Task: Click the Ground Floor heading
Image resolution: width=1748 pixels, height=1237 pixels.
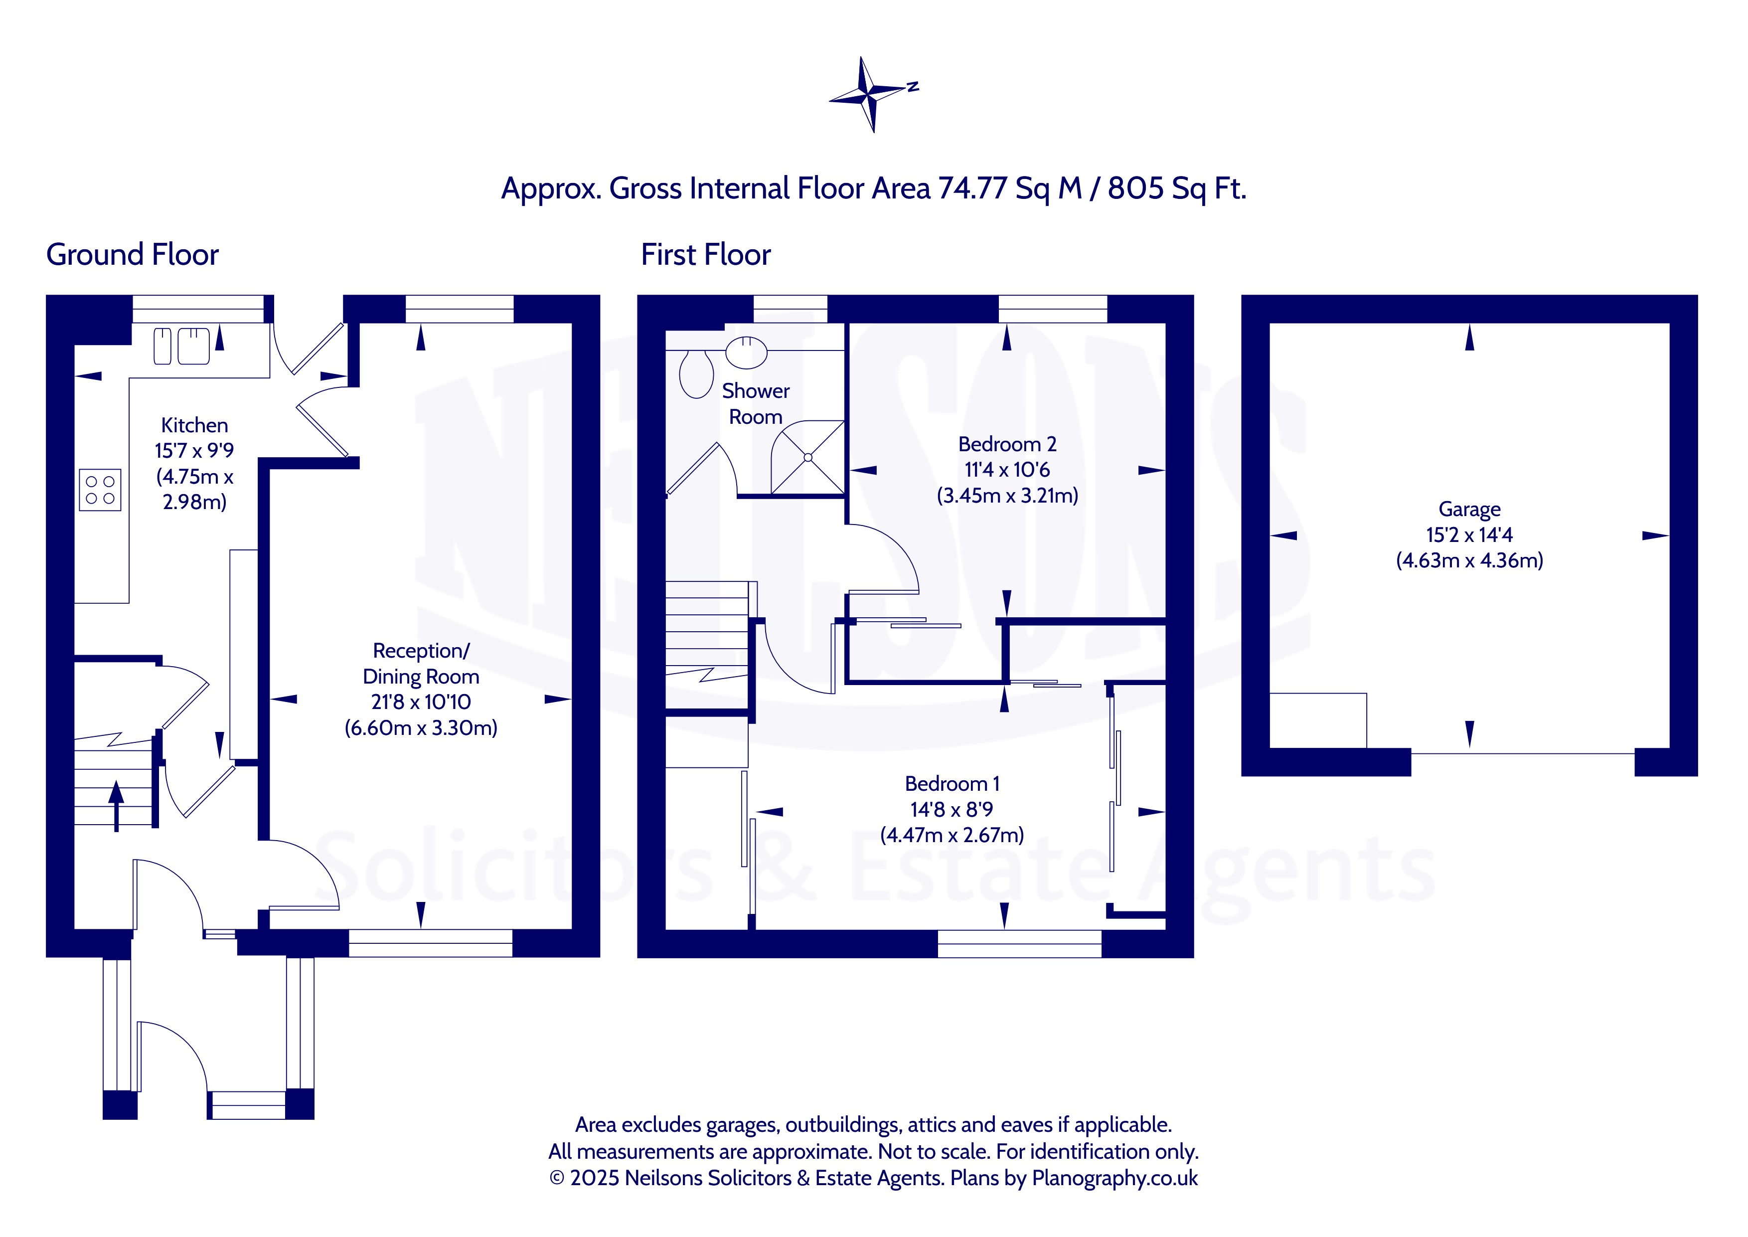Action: point(133,254)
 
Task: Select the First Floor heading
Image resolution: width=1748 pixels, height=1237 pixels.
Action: point(706,254)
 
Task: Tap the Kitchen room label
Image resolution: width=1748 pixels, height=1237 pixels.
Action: point(194,425)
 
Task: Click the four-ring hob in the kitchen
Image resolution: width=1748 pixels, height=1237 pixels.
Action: point(100,490)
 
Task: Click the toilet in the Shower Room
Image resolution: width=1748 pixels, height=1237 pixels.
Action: point(696,374)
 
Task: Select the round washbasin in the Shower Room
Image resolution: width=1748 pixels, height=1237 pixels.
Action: point(746,352)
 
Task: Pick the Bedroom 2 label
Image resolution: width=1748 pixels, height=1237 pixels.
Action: point(1007,444)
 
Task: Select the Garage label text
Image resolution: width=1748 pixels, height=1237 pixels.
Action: point(1469,509)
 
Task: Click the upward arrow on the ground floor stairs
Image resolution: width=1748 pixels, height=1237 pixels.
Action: point(116,806)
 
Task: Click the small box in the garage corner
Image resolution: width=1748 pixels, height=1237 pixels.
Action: point(1318,720)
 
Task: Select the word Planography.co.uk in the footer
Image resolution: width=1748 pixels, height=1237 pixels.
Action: point(1114,1178)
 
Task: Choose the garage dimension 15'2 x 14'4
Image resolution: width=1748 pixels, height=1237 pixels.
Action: point(1469,534)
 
